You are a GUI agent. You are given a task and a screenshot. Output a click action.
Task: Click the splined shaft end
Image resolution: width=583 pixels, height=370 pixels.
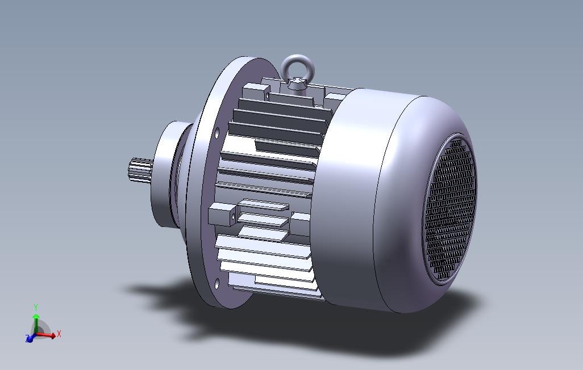pyautogui.click(x=140, y=170)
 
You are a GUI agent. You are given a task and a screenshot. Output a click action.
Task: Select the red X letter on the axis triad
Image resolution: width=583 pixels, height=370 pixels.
pyautogui.click(x=59, y=334)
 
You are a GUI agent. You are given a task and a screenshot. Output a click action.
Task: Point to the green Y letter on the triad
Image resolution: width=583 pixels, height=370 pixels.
pyautogui.click(x=36, y=307)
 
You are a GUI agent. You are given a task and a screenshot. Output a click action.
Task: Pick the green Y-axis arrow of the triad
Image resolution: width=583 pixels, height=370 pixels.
pyautogui.click(x=36, y=323)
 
